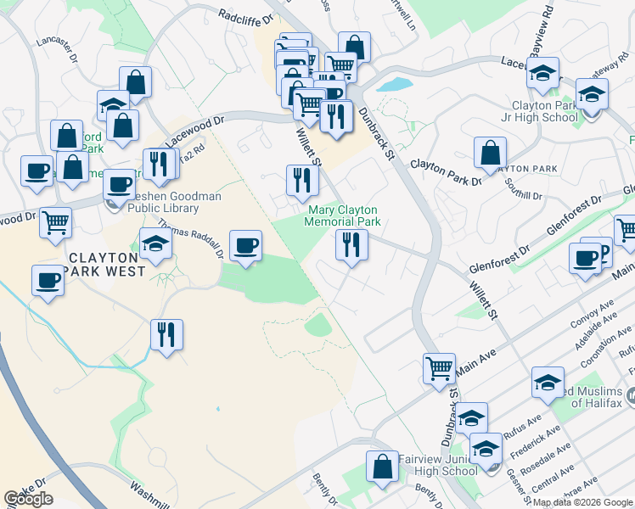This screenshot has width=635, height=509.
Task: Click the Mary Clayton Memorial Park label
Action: (x=342, y=216)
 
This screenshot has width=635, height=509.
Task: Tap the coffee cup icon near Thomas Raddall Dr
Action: (x=246, y=246)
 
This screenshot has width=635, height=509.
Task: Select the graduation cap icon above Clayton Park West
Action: (x=155, y=243)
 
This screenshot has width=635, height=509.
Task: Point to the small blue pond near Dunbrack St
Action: (x=391, y=85)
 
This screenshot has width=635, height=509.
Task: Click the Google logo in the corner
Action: (x=28, y=499)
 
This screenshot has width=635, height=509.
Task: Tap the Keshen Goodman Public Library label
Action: (x=161, y=202)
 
